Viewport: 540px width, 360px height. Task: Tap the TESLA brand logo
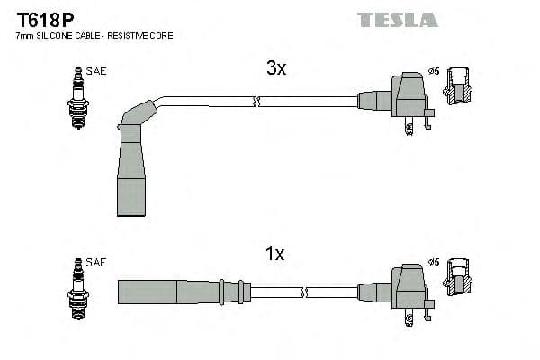coord(397,19)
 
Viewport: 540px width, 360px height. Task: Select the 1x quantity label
coord(275,255)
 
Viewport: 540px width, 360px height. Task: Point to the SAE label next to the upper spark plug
coord(96,71)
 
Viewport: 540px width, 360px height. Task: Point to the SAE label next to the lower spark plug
coord(96,263)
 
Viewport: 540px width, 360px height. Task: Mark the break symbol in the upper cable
coord(257,102)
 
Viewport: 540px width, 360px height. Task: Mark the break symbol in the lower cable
coord(307,292)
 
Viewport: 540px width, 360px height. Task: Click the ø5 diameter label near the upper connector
coord(433,71)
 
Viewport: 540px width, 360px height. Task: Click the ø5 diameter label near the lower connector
coord(433,263)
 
